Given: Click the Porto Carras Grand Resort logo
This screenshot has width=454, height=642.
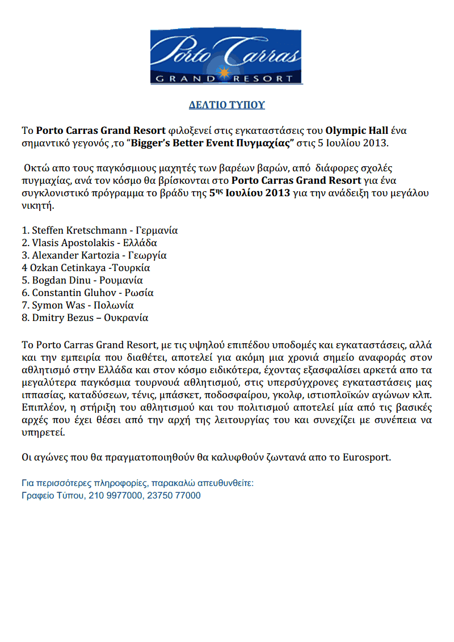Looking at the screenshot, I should click(226, 57).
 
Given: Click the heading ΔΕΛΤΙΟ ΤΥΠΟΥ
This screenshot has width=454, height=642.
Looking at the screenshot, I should click(227, 105).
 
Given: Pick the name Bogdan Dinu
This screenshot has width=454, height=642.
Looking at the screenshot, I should click(62, 280).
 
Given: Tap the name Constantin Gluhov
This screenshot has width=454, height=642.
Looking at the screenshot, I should click(73, 293).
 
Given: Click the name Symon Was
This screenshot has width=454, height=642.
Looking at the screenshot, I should click(56, 305).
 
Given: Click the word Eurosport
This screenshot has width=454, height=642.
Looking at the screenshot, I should click(367, 457).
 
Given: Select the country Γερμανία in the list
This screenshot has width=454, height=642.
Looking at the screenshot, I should click(157, 231).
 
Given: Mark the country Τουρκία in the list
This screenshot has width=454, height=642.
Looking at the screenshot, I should click(131, 268).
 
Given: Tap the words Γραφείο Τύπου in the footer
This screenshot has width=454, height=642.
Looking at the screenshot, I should click(52, 495).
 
